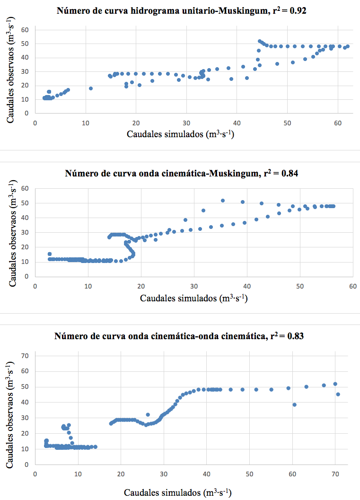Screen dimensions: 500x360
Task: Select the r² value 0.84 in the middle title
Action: [290, 174]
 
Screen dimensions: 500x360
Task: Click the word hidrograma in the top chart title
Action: [145, 11]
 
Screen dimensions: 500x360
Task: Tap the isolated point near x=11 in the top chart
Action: [91, 88]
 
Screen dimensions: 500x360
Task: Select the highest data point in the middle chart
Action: [223, 201]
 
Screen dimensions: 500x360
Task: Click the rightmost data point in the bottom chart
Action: [338, 394]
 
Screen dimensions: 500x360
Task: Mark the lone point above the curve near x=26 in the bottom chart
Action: [148, 415]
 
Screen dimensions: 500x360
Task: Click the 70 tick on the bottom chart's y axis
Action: [26, 355]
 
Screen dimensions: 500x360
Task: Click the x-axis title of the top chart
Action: [181, 134]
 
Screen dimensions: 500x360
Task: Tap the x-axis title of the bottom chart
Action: [178, 492]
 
